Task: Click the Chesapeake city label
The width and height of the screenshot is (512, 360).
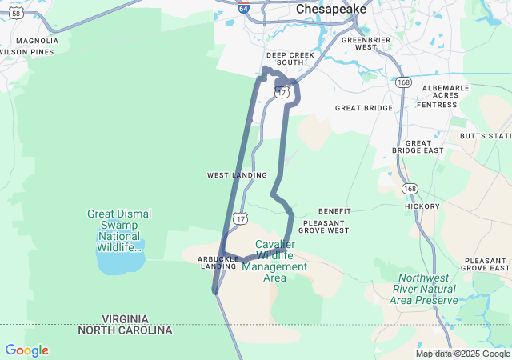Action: point(330,9)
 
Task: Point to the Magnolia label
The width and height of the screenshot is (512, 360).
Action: point(37,41)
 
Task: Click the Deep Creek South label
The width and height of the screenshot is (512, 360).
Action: point(285,59)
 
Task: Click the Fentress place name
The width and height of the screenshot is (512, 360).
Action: point(438,105)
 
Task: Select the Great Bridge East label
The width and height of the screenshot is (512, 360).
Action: point(418,146)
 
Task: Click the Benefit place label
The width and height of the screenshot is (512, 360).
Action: point(334,211)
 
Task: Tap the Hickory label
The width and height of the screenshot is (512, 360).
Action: point(422,206)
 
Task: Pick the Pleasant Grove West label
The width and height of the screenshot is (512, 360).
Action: point(326,226)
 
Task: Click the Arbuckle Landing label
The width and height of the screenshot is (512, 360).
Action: point(218,262)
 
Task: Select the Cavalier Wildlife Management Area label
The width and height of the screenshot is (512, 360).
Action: point(275,261)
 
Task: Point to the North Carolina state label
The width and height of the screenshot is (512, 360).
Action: point(125,330)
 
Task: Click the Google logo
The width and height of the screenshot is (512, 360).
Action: point(26,350)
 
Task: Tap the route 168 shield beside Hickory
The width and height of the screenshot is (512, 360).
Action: point(410,189)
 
